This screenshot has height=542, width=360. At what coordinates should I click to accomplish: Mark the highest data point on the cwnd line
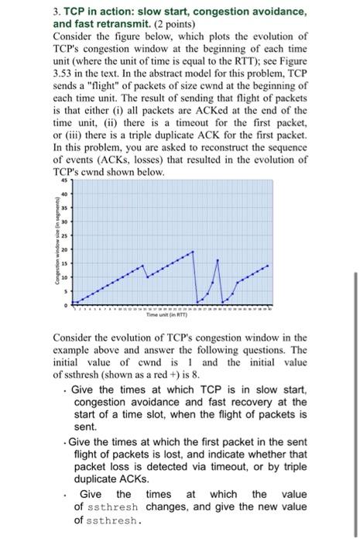(x=193, y=251)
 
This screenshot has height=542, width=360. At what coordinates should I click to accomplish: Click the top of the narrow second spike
(x=217, y=260)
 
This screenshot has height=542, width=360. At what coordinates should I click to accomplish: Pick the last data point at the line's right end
(x=269, y=266)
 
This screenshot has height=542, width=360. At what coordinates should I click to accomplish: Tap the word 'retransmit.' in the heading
(x=133, y=23)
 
